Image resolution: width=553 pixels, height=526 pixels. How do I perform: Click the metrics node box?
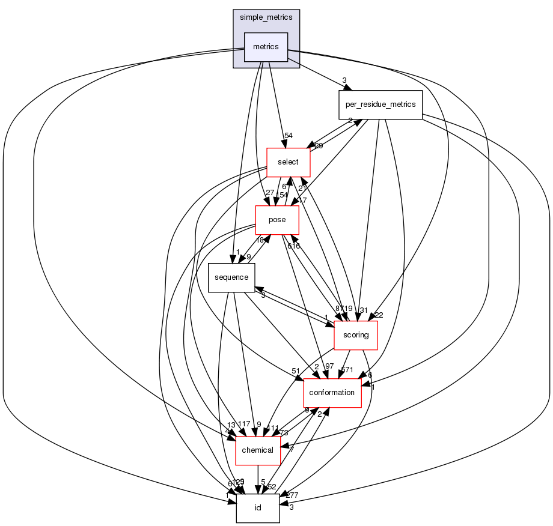[x=266, y=47]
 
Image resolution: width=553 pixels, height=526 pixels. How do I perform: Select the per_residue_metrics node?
[x=380, y=104]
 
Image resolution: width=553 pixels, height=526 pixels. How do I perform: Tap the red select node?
[x=288, y=162]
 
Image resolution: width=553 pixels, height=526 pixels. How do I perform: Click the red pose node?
[x=277, y=220]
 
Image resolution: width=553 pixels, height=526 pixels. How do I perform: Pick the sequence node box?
[x=231, y=277]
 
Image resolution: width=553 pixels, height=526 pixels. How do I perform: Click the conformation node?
[x=332, y=393]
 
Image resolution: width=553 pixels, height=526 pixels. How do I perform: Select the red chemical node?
[x=257, y=450]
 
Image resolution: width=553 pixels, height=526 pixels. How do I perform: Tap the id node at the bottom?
[x=257, y=508]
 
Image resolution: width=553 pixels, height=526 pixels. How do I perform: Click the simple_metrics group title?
[x=266, y=17]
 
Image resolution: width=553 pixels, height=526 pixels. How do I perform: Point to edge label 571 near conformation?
[x=347, y=369]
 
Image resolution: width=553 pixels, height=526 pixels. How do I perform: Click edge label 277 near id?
[x=292, y=495]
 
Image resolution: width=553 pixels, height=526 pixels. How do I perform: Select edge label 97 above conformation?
[x=328, y=366]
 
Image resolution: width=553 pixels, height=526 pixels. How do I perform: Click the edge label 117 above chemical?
[x=243, y=425]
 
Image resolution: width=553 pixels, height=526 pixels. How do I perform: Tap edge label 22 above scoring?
[x=379, y=315]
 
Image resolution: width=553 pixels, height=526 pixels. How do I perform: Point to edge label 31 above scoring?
[x=362, y=310]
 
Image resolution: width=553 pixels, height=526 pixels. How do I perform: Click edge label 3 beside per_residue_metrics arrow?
[x=344, y=80]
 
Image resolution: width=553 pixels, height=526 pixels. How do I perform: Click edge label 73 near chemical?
[x=283, y=433]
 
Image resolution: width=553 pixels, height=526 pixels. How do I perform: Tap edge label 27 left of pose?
[x=270, y=193]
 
